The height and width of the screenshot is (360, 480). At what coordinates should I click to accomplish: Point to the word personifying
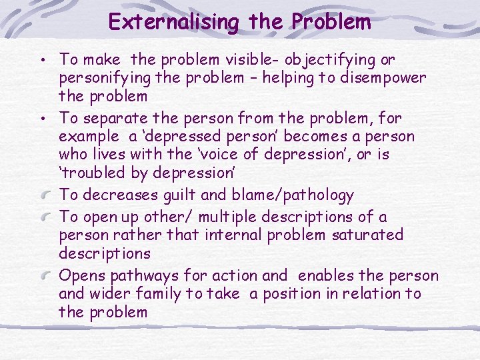coord(103,78)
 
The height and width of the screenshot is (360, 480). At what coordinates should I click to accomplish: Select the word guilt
coord(199,195)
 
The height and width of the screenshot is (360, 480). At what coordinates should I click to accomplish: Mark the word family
coord(158,294)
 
